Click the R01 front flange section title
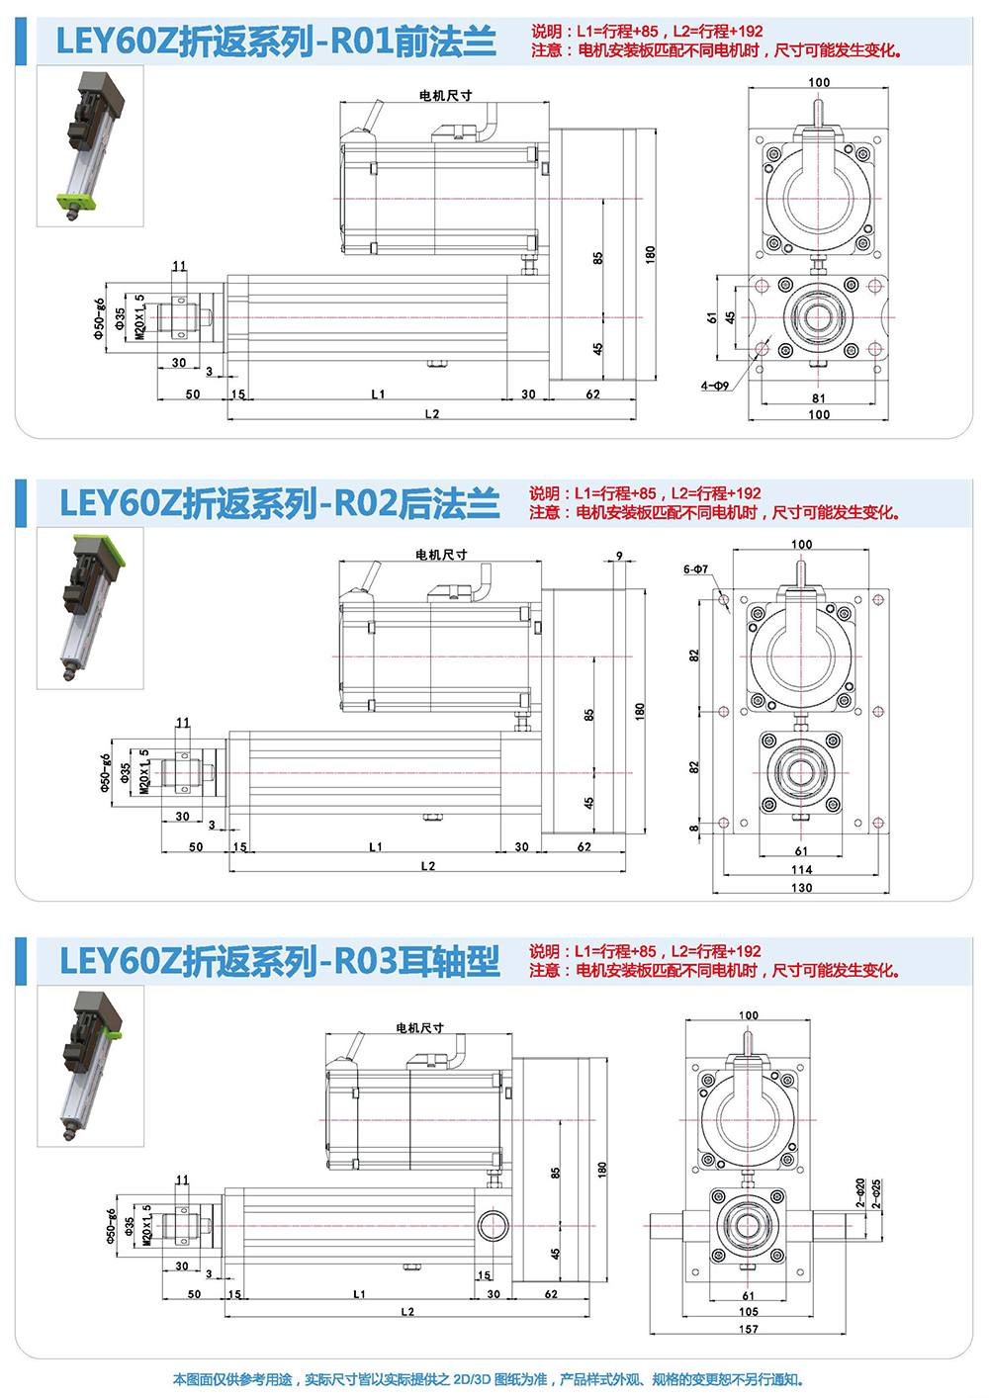tap(276, 42)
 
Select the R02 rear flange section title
tap(279, 503)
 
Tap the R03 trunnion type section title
tap(279, 961)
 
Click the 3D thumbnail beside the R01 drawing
tap(90, 145)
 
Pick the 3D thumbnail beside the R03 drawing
tap(90, 1066)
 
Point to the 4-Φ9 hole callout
tap(715, 386)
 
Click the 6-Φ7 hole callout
tap(695, 569)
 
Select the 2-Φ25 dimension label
tap(876, 1193)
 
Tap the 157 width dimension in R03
tap(749, 1329)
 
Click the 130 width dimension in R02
tap(801, 887)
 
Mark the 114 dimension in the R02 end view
tap(801, 870)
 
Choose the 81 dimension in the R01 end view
tap(819, 398)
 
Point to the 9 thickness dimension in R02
tap(620, 557)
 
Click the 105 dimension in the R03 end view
tap(749, 1312)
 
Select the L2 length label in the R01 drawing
tap(432, 414)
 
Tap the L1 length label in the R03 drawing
tap(359, 1294)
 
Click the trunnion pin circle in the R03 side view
tap(492, 1226)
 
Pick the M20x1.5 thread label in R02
tap(144, 771)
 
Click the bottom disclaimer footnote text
tap(489, 1379)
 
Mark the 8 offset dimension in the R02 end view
tap(694, 830)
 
